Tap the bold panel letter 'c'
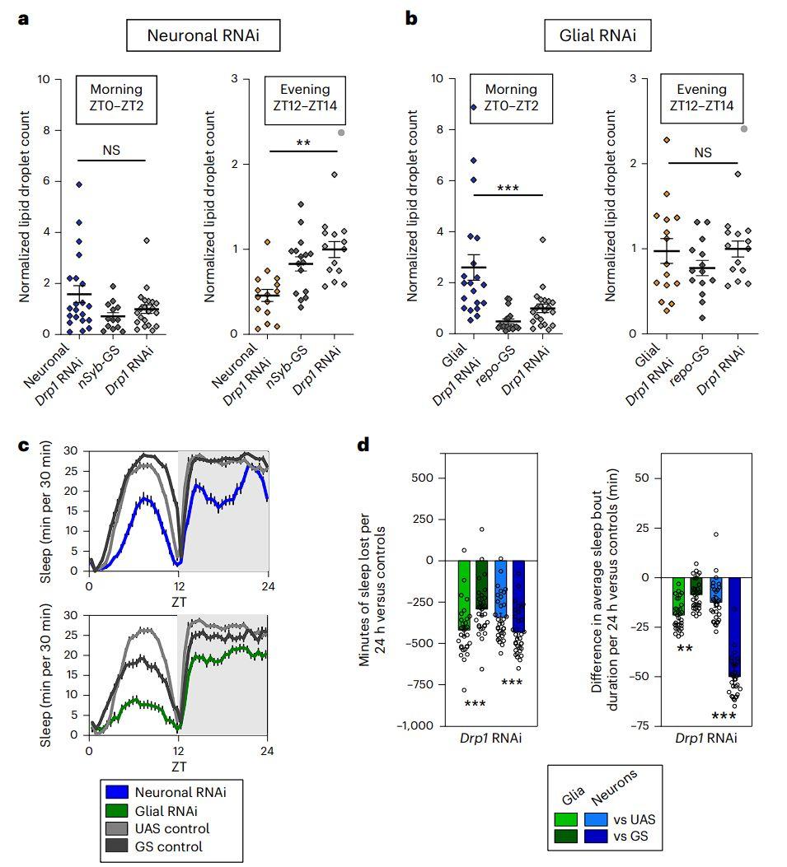24,445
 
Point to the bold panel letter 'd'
363,445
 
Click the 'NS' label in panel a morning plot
111,151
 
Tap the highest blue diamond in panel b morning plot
474,107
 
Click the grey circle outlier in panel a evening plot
341,132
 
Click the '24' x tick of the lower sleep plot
266,752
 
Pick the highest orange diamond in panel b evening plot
644,140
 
